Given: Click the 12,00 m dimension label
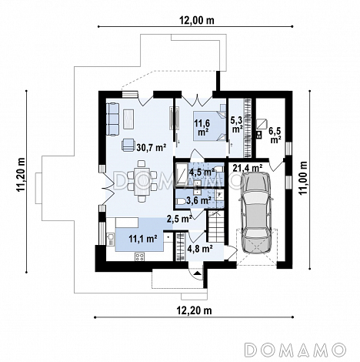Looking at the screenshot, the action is pyautogui.click(x=196, y=20).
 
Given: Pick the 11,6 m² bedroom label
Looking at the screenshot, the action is pyautogui.click(x=202, y=127).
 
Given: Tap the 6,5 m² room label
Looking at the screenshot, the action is pyautogui.click(x=275, y=135).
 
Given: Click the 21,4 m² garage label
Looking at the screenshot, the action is pyautogui.click(x=248, y=168).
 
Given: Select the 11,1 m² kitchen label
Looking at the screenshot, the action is pyautogui.click(x=143, y=239).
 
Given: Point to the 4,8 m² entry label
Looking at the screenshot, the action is pyautogui.click(x=200, y=249).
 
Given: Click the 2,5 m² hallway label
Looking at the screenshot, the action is pyautogui.click(x=179, y=219).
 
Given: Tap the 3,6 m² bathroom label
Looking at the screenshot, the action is pyautogui.click(x=198, y=201).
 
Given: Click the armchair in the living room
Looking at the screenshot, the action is pyautogui.click(x=128, y=145).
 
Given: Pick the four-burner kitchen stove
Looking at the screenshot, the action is pyautogui.click(x=140, y=256).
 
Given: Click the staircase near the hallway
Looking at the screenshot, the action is pyautogui.click(x=216, y=226).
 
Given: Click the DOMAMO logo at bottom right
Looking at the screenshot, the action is pyautogui.click(x=295, y=350).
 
